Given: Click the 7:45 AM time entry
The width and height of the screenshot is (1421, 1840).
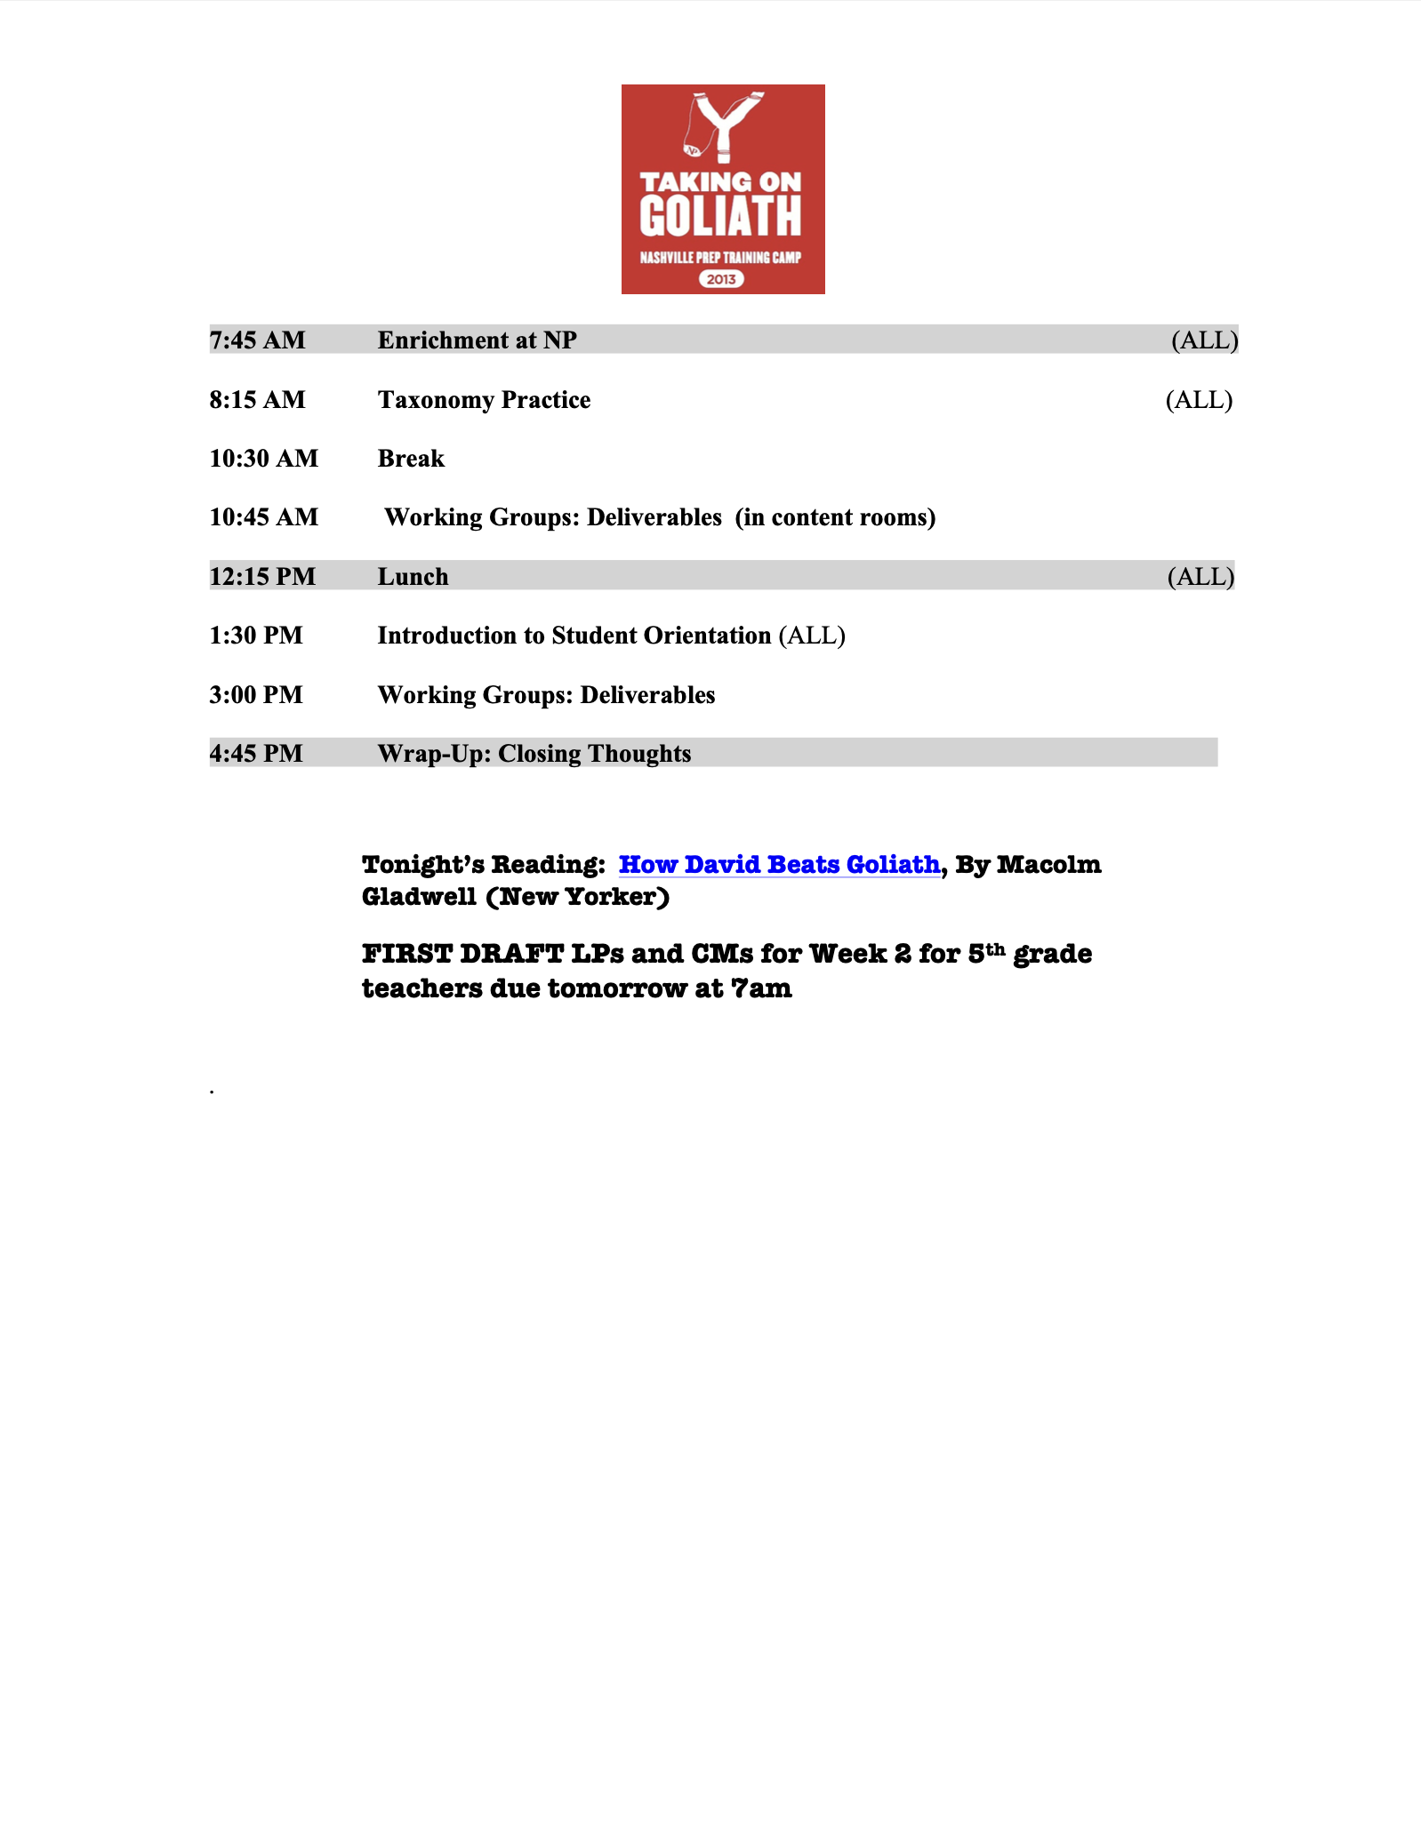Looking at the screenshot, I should tap(257, 340).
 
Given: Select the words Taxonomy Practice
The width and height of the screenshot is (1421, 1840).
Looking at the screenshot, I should tap(484, 400).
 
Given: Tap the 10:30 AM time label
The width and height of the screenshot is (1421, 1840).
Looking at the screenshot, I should tap(263, 459).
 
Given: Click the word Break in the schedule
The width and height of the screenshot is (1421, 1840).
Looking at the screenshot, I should tap(411, 459).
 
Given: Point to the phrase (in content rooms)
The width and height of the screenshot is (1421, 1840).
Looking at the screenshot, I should tap(835, 517).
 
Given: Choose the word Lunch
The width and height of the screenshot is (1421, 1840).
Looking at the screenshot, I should tap(413, 577).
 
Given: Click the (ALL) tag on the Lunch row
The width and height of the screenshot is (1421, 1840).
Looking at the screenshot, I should tap(1200, 577).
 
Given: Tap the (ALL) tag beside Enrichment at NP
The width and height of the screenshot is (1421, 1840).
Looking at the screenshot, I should tap(1204, 340).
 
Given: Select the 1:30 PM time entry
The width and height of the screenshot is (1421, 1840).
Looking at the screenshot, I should tap(256, 636).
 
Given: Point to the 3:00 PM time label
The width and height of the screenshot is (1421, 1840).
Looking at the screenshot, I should tap(256, 695).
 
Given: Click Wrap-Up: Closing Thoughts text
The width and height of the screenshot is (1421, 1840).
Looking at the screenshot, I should tap(534, 754).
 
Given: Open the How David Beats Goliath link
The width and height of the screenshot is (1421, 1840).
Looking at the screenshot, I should tap(779, 864).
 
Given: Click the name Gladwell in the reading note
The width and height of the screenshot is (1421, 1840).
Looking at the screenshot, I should tap(419, 897).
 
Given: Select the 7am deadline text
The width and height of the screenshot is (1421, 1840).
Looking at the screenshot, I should tap(760, 988).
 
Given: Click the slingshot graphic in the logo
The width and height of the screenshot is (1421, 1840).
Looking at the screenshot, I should tap(724, 126).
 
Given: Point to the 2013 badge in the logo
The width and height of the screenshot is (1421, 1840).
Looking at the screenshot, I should tap(721, 279).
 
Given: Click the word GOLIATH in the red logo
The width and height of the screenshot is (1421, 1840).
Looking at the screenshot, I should tap(720, 217).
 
